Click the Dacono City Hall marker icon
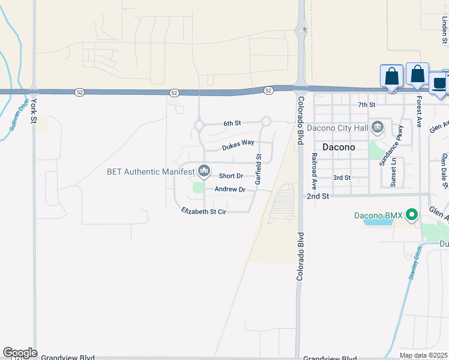(378, 127)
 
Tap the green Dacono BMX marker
(411, 214)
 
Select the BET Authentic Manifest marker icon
(204, 172)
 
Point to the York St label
(34, 111)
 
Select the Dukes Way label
(238, 143)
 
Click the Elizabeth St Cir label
(203, 211)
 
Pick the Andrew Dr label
(231, 190)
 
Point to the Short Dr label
(231, 176)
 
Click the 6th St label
(232, 123)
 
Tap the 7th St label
(366, 104)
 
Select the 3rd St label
(342, 178)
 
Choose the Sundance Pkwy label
(398, 145)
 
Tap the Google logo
(19, 353)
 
